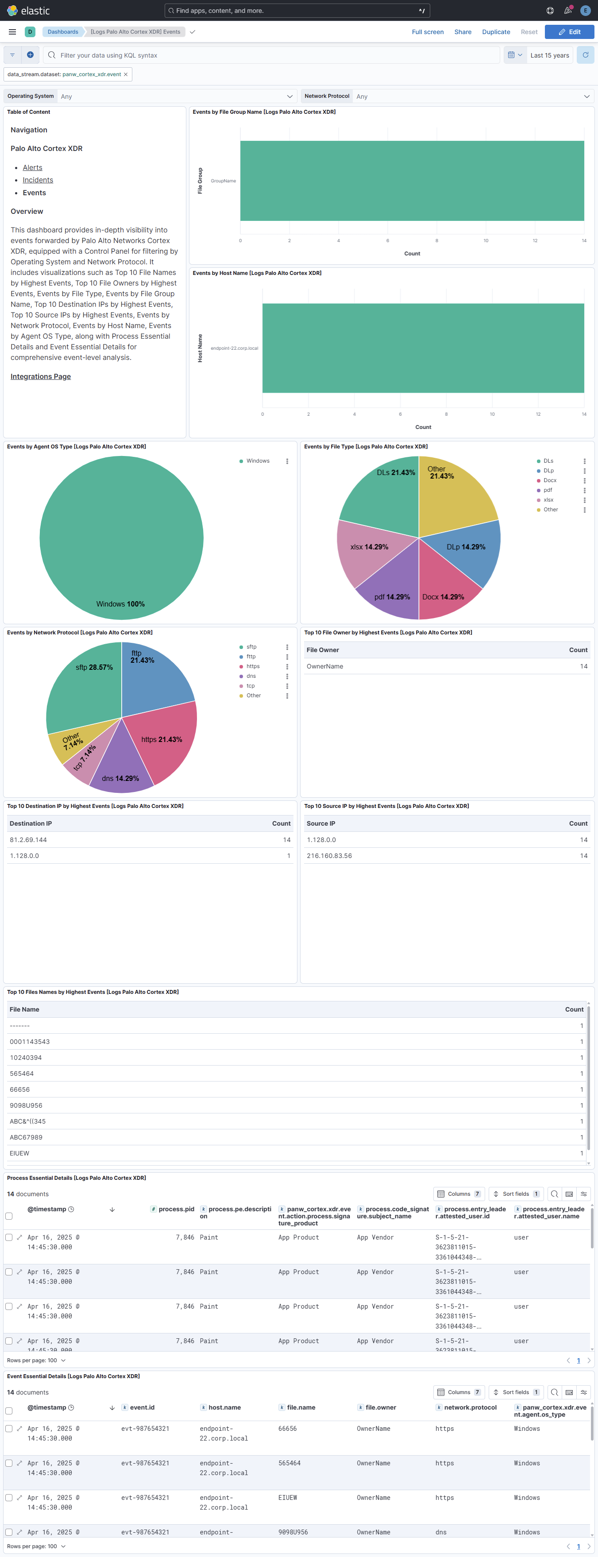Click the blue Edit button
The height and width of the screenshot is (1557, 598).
(569, 32)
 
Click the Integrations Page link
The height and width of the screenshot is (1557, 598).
(40, 377)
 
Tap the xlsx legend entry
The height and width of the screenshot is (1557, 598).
(548, 500)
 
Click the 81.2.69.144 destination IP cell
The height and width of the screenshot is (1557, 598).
(28, 839)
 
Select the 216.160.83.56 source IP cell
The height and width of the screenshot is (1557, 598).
(329, 856)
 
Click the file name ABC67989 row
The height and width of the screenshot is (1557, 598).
(26, 1137)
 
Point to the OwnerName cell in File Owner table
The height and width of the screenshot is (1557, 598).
(325, 666)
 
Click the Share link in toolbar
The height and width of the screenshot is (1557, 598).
(463, 32)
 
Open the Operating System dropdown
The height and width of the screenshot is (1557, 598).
(175, 96)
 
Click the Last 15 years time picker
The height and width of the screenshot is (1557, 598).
(549, 55)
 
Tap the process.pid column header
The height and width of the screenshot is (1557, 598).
(176, 1209)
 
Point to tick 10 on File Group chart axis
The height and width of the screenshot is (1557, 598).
(486, 240)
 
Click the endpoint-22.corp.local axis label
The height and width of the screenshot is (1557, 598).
(234, 348)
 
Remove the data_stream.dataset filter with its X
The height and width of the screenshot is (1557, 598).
(126, 74)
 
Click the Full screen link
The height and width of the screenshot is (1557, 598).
(427, 32)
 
